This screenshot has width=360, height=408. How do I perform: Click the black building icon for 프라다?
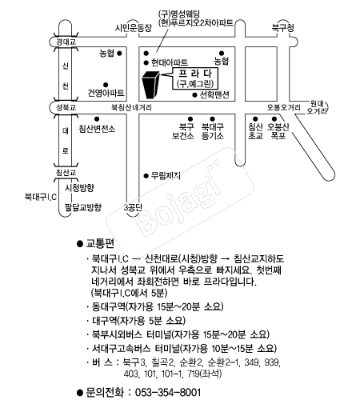[x=150, y=85]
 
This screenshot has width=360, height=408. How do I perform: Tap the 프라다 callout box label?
[x=195, y=78]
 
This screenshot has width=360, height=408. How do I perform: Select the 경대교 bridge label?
[x=66, y=42]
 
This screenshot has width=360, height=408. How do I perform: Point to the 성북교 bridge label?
[x=66, y=107]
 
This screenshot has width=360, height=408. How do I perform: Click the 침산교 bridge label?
[x=66, y=173]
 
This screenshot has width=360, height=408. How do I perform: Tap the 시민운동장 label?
[x=133, y=28]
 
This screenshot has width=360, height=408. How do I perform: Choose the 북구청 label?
[x=283, y=28]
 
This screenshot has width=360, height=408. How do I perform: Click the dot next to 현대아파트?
[x=146, y=63]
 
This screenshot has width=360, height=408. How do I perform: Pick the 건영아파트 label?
[x=106, y=93]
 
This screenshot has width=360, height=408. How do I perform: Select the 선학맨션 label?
[x=214, y=94]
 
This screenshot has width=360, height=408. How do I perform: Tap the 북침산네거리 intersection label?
[x=131, y=107]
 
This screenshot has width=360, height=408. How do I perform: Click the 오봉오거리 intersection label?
[x=283, y=107]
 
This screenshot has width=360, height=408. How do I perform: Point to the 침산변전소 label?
[x=97, y=129]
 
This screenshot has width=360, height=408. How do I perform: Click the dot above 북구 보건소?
[x=190, y=119]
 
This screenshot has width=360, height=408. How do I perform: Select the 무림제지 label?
[x=166, y=176]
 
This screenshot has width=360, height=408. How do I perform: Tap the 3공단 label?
[x=133, y=207]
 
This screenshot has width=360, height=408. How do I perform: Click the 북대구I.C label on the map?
[x=41, y=197]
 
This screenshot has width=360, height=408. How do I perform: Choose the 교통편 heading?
[x=100, y=243]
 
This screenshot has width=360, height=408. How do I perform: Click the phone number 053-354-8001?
[x=168, y=393]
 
